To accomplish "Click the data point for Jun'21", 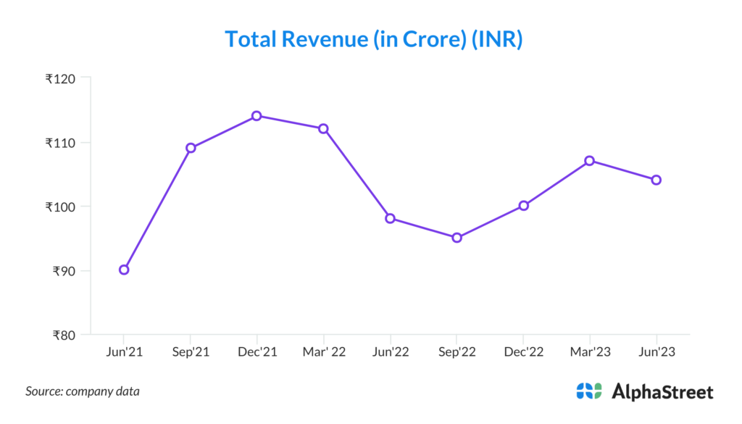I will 124,270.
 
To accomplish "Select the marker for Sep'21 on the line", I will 191,148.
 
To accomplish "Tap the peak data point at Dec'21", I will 257,116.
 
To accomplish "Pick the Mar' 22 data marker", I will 323,128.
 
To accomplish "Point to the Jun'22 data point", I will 390,218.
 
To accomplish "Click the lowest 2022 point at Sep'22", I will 457,238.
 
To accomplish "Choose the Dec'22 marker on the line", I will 523,206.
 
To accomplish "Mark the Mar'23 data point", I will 590,161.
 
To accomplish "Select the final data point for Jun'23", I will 656,180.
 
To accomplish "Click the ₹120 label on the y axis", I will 63,78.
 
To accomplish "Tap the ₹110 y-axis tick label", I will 63,142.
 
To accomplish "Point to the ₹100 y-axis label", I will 63,207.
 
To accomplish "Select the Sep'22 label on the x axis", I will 457,352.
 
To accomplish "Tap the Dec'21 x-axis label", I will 257,352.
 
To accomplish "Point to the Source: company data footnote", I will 83,391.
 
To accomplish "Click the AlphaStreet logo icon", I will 589,391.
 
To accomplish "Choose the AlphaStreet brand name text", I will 662,392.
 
